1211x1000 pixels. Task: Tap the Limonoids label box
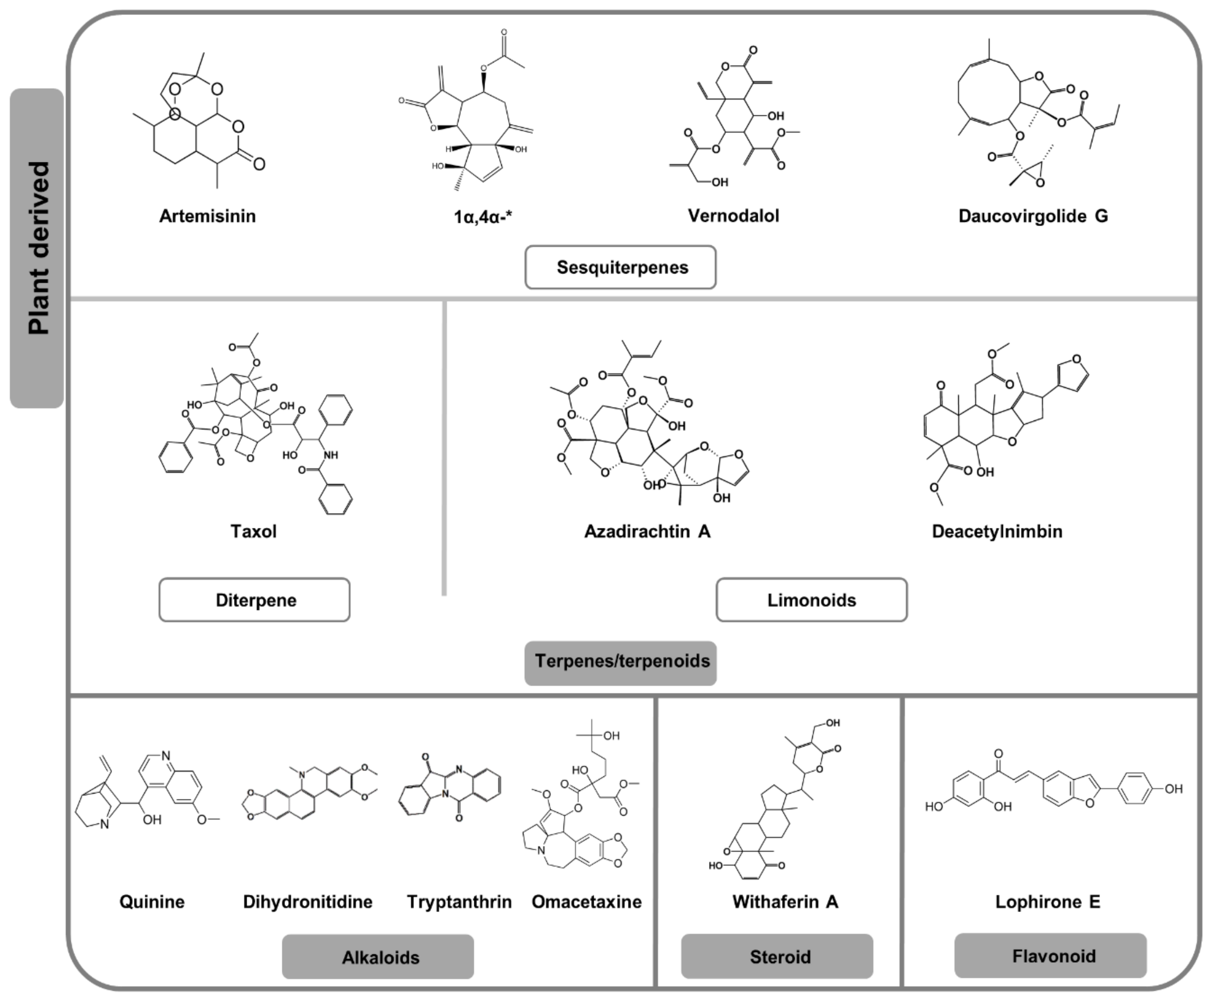[812, 600]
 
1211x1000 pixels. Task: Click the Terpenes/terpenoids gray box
[621, 661]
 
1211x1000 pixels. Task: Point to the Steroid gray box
[777, 956]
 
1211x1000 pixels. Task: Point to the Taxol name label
[253, 531]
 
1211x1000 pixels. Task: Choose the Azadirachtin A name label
[647, 531]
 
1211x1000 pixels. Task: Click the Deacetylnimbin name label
[997, 531]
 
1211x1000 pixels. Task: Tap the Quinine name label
[152, 901]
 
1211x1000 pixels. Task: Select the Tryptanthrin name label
[459, 901]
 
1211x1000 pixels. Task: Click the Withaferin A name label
[785, 901]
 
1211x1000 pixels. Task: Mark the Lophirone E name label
[1047, 901]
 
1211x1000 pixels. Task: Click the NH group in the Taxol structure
[330, 455]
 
